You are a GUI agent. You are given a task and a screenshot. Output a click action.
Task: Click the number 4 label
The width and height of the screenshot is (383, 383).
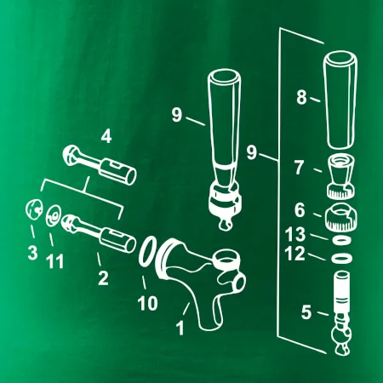coord(106,137)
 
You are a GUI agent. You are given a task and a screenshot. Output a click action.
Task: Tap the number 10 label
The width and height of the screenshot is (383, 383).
coord(147,303)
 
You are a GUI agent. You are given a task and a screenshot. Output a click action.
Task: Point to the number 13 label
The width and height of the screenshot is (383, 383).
coord(295,234)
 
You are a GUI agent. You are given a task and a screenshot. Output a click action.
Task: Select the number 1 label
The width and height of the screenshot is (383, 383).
coord(180,329)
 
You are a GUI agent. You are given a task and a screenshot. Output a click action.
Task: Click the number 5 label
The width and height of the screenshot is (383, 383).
coord(306,312)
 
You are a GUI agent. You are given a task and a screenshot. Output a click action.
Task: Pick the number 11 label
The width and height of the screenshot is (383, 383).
coord(54,261)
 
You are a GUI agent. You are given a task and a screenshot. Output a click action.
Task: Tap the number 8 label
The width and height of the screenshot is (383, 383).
coord(301,97)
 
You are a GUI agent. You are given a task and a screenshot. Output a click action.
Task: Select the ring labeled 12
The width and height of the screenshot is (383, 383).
coord(341,259)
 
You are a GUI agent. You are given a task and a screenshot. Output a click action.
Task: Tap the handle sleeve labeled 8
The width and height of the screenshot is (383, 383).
coord(340,100)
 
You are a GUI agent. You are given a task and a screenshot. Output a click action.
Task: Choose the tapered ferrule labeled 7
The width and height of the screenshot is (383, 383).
coord(340,176)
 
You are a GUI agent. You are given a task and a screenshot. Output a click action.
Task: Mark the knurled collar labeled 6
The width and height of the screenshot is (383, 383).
coord(340,217)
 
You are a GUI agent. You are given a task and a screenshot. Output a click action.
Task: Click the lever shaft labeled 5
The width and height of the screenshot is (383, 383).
coord(341,312)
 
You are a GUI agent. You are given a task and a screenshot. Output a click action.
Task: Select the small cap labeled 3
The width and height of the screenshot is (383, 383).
coord(34,209)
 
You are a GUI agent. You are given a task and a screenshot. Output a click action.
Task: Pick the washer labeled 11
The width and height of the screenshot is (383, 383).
coord(54,216)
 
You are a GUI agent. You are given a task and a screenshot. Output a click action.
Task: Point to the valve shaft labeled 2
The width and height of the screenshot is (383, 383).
coord(100,234)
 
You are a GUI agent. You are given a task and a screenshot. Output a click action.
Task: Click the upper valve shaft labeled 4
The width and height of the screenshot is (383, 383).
coord(100,164)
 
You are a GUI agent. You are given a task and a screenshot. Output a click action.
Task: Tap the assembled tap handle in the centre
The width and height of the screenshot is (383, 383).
coord(224,147)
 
